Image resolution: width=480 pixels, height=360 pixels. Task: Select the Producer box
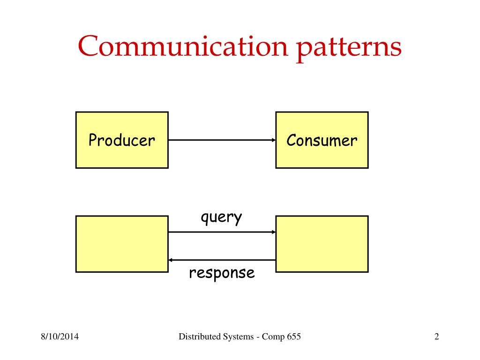(122, 140)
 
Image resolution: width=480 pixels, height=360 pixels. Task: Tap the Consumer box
(322, 140)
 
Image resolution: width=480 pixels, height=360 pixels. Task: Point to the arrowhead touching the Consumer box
(273, 140)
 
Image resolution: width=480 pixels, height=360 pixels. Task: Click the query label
(221, 218)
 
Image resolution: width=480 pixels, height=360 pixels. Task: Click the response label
(222, 273)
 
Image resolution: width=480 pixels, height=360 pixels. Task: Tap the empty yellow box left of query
(122, 244)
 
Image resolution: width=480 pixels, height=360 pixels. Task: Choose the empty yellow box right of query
(322, 244)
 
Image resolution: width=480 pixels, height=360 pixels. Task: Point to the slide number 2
(436, 337)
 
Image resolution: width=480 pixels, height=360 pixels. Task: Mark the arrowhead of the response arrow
(171, 260)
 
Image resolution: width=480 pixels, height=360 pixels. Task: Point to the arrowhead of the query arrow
(273, 232)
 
